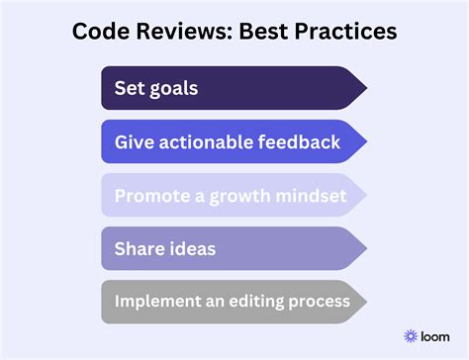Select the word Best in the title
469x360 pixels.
click(x=270, y=33)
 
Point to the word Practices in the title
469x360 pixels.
click(x=349, y=33)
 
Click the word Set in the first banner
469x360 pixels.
click(x=129, y=89)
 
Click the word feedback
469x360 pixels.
click(x=300, y=142)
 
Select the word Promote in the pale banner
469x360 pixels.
click(x=147, y=196)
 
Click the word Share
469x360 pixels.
click(x=139, y=249)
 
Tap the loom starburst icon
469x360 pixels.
click(x=412, y=336)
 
